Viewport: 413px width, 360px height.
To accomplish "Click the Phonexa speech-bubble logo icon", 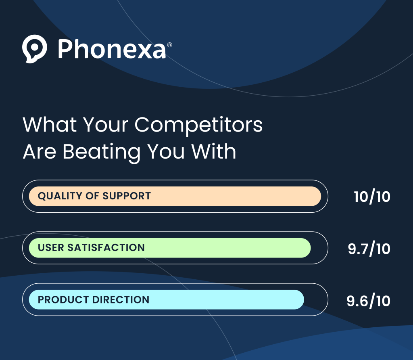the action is coord(35,49).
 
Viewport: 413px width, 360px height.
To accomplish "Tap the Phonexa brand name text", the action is coord(112,49).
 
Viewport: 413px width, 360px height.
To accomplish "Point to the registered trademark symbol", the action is coord(170,45).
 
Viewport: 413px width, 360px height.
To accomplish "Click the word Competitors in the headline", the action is coord(198,125).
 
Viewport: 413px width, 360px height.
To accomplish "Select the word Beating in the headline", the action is coord(102,152).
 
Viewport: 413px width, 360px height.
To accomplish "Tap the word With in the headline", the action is coord(214,151).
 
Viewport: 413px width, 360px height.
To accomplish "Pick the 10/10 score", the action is coord(371,197).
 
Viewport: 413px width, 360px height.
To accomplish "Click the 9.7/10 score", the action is coord(369,249).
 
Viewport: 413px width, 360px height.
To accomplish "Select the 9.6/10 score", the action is coord(368,301).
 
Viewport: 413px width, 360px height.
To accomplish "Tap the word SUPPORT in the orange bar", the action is coord(127,196).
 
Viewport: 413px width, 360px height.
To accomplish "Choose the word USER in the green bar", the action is coord(51,248).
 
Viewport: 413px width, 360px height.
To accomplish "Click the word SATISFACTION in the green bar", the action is coord(106,248).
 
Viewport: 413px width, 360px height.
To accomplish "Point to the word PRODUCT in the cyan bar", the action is coord(63,299).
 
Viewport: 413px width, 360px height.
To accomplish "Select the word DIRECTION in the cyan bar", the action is coord(121,299).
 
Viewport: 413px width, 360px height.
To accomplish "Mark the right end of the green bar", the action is coord(311,248).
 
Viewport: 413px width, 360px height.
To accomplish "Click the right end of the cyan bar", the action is coord(304,299).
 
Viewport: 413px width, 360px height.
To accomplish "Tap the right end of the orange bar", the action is coord(321,196).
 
